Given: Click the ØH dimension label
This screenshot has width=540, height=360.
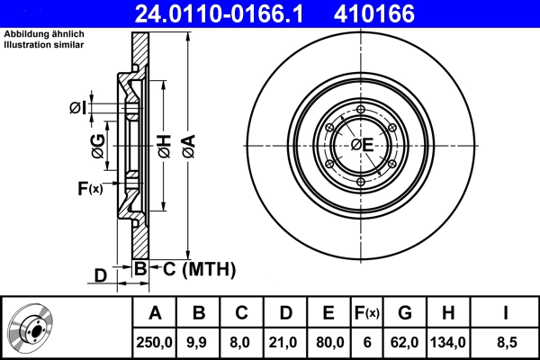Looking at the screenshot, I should pos(164,145).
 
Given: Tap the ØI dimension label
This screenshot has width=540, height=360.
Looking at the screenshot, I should pos(78,109).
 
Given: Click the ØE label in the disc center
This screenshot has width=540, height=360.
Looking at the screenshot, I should pos(362,144).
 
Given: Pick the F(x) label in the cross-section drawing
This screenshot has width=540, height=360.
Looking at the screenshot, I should pos(90,187).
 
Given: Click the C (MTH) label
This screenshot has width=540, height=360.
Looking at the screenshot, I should pos(193,268).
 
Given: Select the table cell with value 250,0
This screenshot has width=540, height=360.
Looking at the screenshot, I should pos(155,341).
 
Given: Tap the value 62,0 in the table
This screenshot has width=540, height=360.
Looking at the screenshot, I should pos(405,341).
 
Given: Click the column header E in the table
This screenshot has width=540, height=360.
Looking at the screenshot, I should pos(329,313).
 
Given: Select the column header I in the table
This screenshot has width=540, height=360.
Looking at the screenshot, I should pos(505,313).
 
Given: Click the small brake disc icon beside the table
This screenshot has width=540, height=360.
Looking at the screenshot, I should pos(34,328).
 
